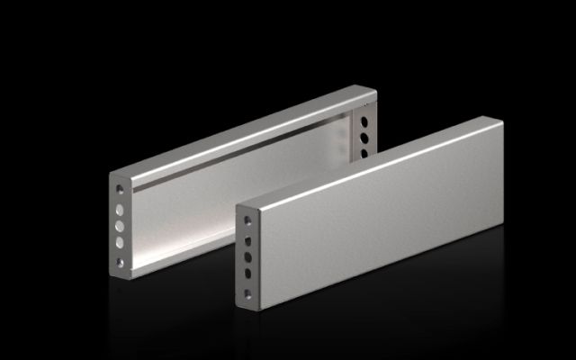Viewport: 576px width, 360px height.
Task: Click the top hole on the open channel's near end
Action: point(121,189)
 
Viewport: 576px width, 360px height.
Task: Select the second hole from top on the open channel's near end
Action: point(121,207)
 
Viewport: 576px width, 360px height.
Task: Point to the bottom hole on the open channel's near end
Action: point(121,262)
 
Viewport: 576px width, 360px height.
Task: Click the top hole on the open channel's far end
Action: point(364,122)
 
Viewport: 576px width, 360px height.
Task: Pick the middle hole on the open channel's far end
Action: point(364,138)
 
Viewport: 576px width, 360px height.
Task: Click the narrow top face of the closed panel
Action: point(369,162)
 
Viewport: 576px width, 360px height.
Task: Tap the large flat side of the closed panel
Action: point(378,225)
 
